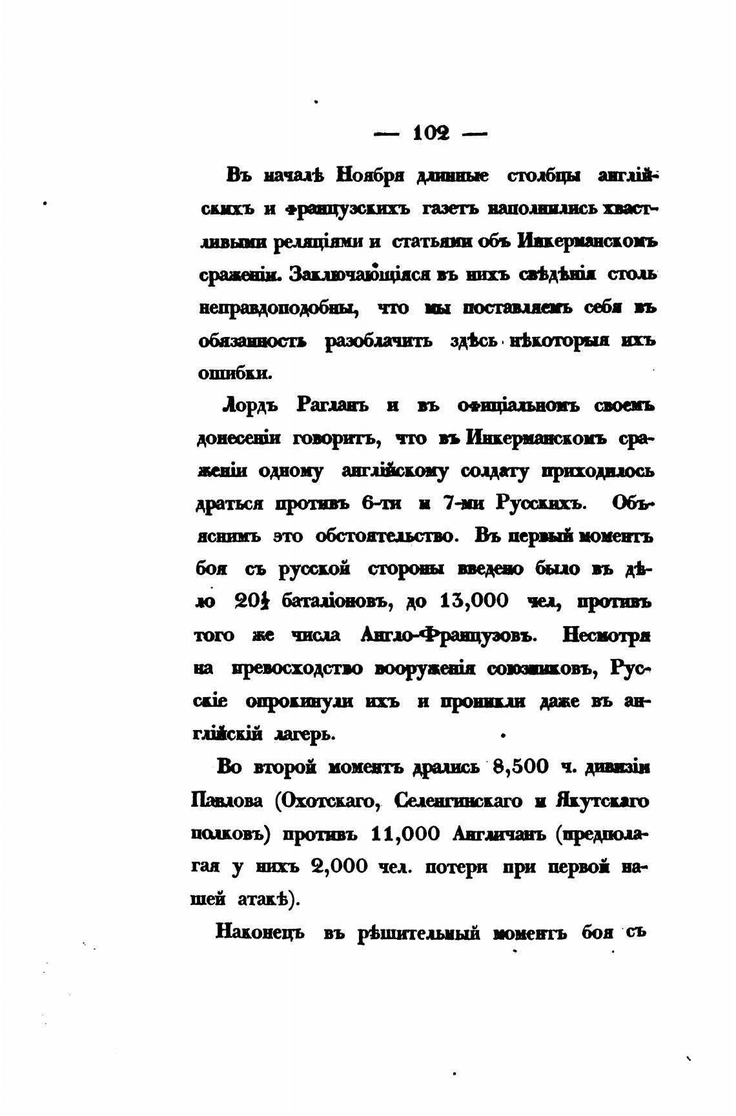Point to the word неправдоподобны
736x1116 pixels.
(278, 308)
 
